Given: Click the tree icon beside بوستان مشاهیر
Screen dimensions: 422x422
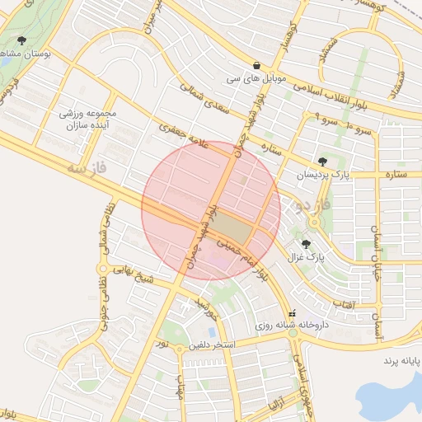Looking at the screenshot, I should [21, 40].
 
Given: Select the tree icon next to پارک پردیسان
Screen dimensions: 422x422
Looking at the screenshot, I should [322, 162].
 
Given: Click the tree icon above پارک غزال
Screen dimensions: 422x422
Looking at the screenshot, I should [307, 243].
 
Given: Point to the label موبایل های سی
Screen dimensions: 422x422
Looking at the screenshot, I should [256, 79].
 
